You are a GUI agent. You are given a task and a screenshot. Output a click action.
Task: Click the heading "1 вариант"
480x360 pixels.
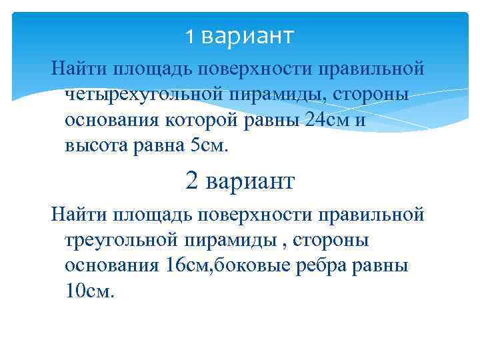239,36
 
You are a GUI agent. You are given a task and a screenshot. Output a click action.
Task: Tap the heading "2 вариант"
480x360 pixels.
239,181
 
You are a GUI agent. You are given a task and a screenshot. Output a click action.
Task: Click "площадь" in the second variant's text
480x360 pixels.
145,214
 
